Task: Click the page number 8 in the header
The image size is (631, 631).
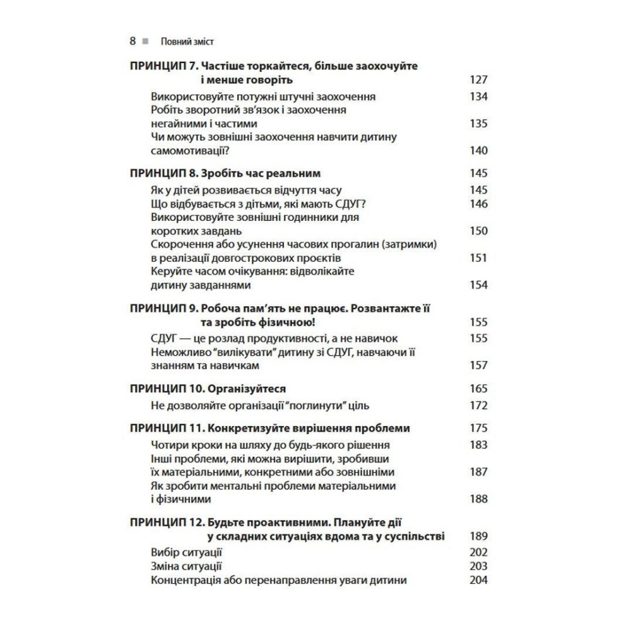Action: pos(133,42)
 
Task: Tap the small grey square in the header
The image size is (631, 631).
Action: pos(145,42)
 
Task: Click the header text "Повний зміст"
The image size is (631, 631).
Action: pos(187,42)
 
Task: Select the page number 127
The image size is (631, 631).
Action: pos(479,80)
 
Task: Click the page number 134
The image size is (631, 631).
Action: pos(479,97)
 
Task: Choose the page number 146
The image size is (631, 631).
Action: pos(479,204)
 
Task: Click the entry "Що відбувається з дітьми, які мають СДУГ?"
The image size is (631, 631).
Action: pos(259,204)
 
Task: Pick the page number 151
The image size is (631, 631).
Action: pos(479,257)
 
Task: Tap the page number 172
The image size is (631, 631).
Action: pos(479,405)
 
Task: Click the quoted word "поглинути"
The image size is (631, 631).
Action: pos(327,405)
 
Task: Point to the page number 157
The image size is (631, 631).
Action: pos(479,365)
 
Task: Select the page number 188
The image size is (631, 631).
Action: pos(479,498)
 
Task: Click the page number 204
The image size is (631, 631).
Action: pos(479,580)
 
